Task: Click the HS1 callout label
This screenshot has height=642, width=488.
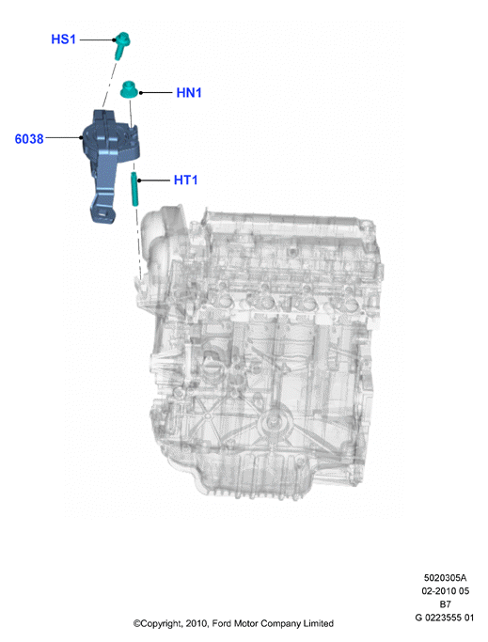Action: [x=64, y=39]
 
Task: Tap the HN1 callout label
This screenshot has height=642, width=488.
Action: [x=189, y=92]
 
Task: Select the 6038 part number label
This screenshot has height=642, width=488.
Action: [x=29, y=139]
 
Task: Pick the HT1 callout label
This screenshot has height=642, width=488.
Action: [x=185, y=180]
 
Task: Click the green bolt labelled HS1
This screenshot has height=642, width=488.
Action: [x=121, y=44]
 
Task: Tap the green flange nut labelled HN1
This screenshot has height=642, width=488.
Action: [x=129, y=90]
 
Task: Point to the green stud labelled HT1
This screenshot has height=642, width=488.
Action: [x=134, y=189]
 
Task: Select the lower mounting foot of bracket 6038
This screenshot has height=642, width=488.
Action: [x=102, y=213]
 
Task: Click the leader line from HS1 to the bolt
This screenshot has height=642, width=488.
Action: [x=97, y=39]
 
